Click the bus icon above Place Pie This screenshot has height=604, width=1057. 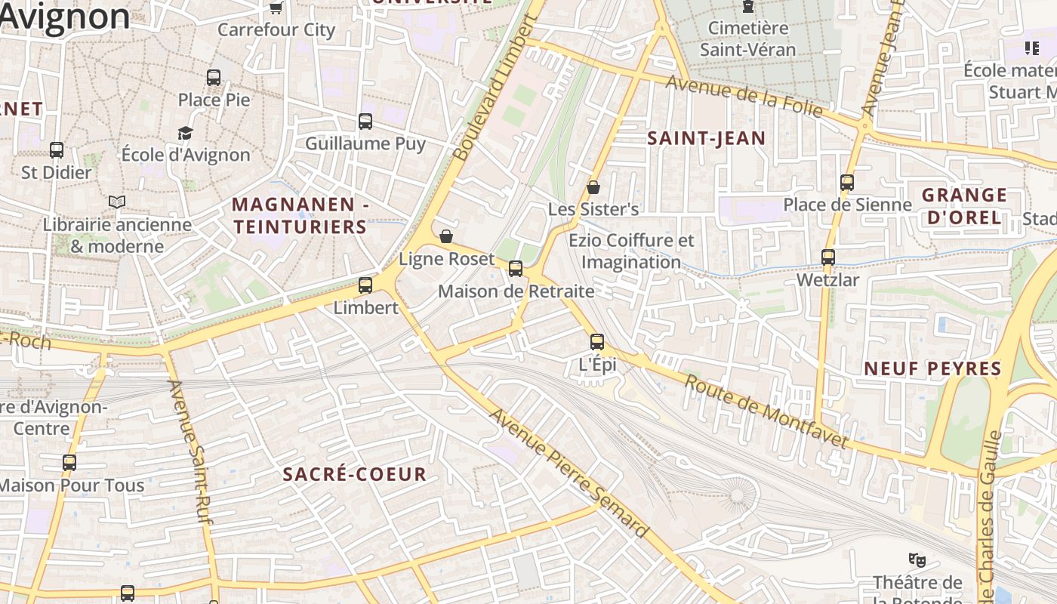pyautogui.click(x=214, y=77)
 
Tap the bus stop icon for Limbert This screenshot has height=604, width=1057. pyautogui.click(x=365, y=285)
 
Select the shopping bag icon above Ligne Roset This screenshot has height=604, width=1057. pyautogui.click(x=446, y=236)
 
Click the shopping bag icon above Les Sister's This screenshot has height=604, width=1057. pyautogui.click(x=593, y=187)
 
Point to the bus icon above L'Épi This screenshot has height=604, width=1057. pyautogui.click(x=597, y=342)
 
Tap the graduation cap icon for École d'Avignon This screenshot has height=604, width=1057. pyautogui.click(x=186, y=133)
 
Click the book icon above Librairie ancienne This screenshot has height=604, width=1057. pyautogui.click(x=117, y=202)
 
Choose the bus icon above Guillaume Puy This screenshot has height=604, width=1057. pyautogui.click(x=365, y=122)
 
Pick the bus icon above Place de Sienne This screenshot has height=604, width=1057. pyautogui.click(x=847, y=183)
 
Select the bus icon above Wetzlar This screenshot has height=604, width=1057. pyautogui.click(x=828, y=257)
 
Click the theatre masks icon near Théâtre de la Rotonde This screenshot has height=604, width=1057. pyautogui.click(x=917, y=560)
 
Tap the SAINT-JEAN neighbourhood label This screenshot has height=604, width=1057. pyautogui.click(x=707, y=138)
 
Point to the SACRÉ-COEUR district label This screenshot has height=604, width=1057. pyautogui.click(x=355, y=474)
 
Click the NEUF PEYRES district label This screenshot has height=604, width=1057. pyautogui.click(x=932, y=368)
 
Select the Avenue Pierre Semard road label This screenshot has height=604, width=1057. pyautogui.click(x=569, y=473)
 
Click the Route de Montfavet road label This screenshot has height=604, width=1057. pyautogui.click(x=766, y=411)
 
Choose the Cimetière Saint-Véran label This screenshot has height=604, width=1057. pyautogui.click(x=747, y=39)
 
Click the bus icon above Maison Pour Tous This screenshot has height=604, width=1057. pyautogui.click(x=69, y=463)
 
